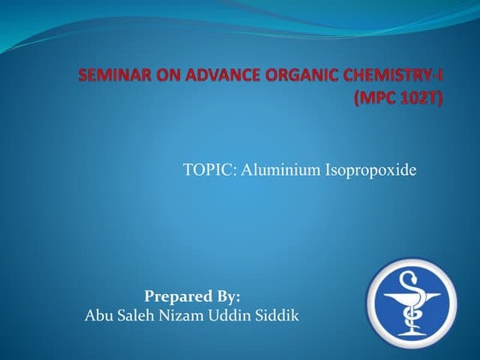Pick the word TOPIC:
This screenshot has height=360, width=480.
click(209, 171)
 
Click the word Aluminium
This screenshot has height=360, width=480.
click(280, 171)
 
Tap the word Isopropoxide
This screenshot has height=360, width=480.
click(369, 171)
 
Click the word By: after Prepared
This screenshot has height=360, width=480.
click(227, 297)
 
